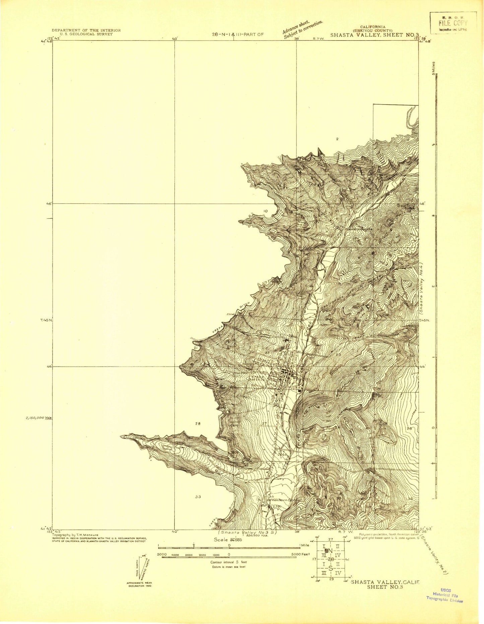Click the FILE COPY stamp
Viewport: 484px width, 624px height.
tap(453, 23)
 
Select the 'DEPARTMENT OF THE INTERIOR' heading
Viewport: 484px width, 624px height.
tap(86, 30)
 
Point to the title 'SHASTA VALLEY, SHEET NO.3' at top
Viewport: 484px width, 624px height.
tap(374, 35)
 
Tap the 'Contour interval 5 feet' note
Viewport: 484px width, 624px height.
tap(228, 562)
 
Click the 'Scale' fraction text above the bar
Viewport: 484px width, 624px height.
tap(228, 540)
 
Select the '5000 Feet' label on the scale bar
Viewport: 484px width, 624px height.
tap(300, 555)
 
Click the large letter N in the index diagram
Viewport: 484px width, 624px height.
tap(330, 551)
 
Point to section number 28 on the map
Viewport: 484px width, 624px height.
tap(198, 423)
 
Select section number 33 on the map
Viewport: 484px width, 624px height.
tap(198, 497)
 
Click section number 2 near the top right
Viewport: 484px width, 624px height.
tap(338, 139)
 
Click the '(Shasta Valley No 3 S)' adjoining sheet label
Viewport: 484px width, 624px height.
tap(248, 532)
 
